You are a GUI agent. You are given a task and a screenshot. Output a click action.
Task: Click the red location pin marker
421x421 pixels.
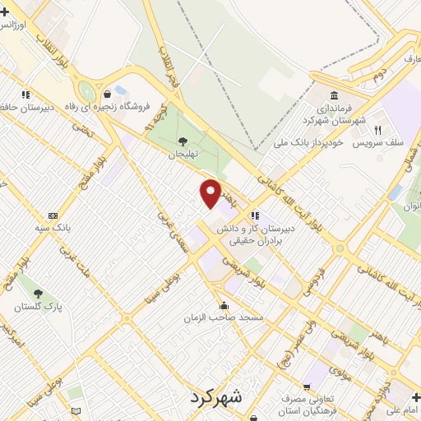211,193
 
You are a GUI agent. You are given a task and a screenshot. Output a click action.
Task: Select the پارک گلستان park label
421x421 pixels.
38,307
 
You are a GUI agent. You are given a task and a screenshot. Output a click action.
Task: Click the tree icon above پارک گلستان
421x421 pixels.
38,292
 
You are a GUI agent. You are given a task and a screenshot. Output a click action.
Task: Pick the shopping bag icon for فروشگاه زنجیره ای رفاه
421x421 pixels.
108,94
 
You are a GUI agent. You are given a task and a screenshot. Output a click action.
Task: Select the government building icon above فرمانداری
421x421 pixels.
334,95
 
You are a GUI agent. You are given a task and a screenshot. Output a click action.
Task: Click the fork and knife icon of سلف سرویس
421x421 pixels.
378,129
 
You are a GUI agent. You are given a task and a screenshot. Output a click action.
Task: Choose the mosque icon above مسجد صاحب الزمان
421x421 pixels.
224,305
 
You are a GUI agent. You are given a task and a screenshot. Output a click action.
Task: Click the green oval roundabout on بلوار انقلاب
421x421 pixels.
86,92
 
